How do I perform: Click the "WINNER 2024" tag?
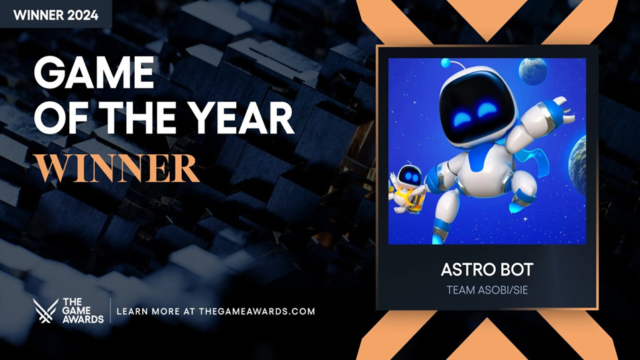[x=55, y=14]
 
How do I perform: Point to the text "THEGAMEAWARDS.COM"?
[x=257, y=311]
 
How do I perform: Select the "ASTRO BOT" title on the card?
[x=486, y=269]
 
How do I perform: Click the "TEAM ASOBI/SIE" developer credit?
[x=486, y=290]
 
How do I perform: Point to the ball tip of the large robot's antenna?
[x=445, y=64]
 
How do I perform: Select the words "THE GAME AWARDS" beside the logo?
[x=83, y=311]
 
